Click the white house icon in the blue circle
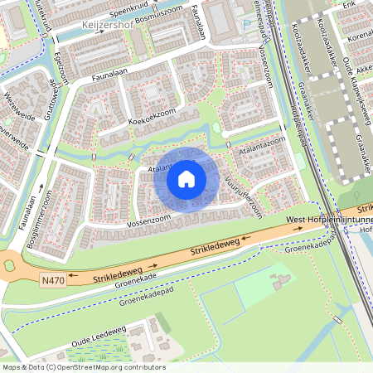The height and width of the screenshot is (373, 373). point(186,178)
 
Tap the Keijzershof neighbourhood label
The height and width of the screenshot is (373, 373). point(109,26)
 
